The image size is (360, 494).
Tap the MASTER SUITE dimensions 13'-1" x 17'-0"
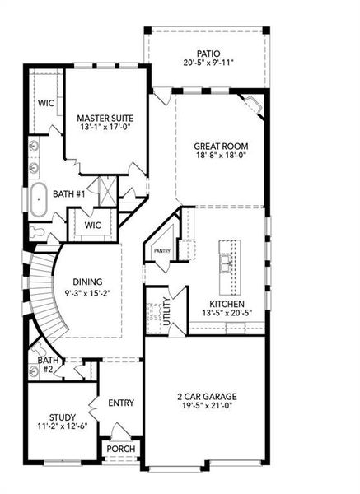pyautogui.click(x=106, y=128)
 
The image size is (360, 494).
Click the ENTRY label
pyautogui.click(x=121, y=403)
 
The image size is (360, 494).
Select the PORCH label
pyautogui.click(x=121, y=449)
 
